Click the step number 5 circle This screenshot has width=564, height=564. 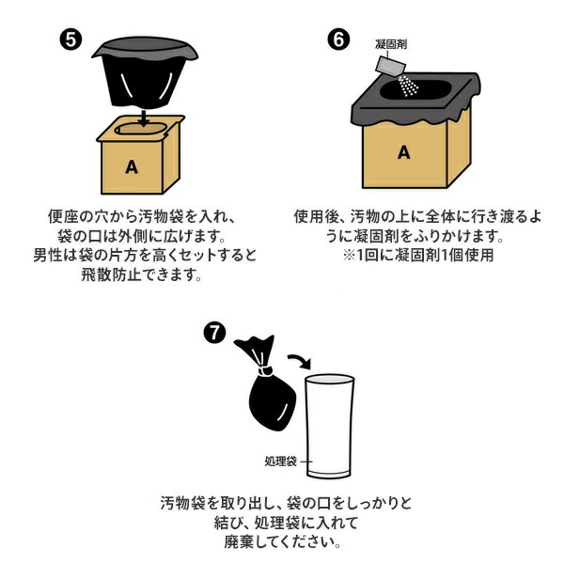click(x=70, y=39)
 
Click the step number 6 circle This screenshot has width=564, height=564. click(x=338, y=39)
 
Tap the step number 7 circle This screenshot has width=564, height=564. click(x=214, y=333)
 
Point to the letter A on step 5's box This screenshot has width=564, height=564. click(x=132, y=167)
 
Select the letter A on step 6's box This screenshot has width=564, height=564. click(x=404, y=152)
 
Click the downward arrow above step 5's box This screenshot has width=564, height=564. click(x=144, y=117)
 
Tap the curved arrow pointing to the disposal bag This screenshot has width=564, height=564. click(x=299, y=361)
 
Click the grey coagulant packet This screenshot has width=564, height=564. click(x=390, y=66)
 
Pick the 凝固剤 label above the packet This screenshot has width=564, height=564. click(x=391, y=44)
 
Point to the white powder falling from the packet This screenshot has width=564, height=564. click(x=408, y=86)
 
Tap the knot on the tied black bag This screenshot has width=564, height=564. click(x=266, y=370)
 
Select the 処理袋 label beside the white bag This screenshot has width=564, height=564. click(x=280, y=462)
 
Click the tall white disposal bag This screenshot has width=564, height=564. click(x=330, y=426)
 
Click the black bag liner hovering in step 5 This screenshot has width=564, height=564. click(x=145, y=72)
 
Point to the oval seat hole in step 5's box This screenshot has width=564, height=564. click(x=141, y=129)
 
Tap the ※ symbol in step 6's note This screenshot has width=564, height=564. click(x=349, y=256)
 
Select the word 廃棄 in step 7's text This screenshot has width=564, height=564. click(x=239, y=541)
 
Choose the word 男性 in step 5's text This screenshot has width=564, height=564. click(x=48, y=256)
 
